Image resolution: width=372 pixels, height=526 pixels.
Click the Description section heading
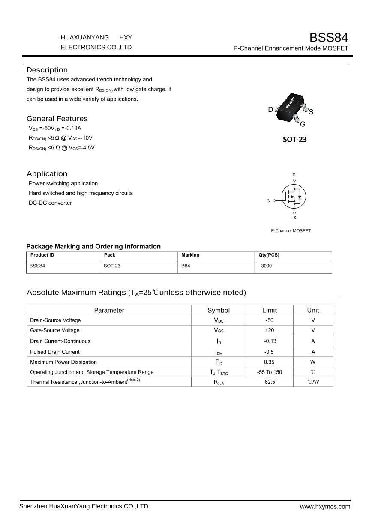[47, 70]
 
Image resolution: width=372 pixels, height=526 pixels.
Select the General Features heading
[57, 119]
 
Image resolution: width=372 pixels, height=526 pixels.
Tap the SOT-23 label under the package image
[295, 139]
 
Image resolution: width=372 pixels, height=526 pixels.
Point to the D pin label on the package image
[270, 110]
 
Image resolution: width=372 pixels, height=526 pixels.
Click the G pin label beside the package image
[303, 125]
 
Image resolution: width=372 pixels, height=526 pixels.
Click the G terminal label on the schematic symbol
[268, 200]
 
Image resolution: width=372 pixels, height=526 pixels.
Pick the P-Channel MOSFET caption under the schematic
[291, 231]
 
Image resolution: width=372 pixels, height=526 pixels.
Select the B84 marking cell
[186, 266]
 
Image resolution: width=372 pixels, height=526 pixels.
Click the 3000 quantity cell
[266, 266]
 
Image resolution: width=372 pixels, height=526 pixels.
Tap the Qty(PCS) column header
[269, 255]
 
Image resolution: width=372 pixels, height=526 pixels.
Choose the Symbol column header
[219, 310]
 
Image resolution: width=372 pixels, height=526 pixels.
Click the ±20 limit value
[270, 330]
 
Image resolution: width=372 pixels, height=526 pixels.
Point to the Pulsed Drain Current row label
[55, 352]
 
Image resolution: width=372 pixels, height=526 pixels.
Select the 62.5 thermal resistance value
[270, 382]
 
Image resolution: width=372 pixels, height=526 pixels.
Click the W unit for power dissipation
[313, 362]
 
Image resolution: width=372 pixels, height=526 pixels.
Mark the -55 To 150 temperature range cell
[270, 372]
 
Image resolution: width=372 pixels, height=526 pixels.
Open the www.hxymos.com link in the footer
[325, 507]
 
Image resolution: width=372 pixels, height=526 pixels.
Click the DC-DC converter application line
[50, 203]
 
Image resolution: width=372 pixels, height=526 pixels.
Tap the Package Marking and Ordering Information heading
[93, 246]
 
